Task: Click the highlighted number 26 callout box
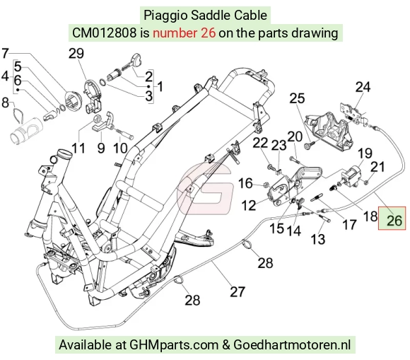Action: click(392, 219)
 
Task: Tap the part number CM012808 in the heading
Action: click(104, 33)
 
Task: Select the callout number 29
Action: click(76, 54)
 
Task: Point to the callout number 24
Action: click(363, 87)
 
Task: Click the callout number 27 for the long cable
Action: click(238, 291)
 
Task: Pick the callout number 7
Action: click(5, 53)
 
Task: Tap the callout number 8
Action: click(5, 103)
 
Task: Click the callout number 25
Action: click(297, 98)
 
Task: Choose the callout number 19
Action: click(365, 153)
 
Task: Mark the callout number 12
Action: click(248, 205)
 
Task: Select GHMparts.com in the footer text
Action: click(174, 345)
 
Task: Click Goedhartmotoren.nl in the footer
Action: click(292, 345)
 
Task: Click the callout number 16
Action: click(245, 183)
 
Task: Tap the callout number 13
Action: click(318, 239)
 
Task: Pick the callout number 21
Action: click(378, 167)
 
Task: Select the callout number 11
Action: click(78, 149)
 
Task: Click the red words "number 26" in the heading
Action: click(184, 33)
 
